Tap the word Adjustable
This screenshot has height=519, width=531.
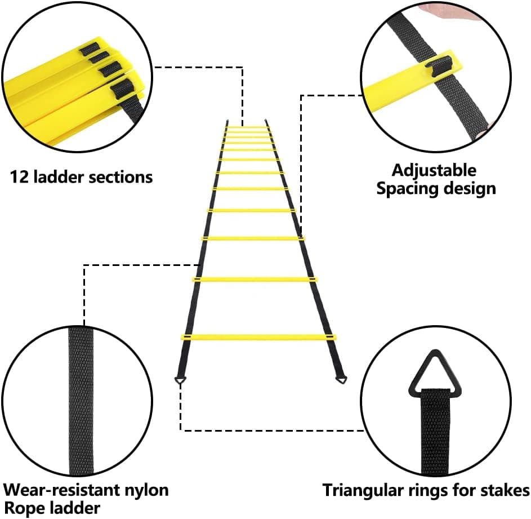(434, 170)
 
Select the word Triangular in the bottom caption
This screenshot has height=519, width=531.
(362, 490)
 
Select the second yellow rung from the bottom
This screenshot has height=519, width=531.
(255, 279)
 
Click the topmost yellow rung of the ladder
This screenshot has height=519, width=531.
(246, 126)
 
